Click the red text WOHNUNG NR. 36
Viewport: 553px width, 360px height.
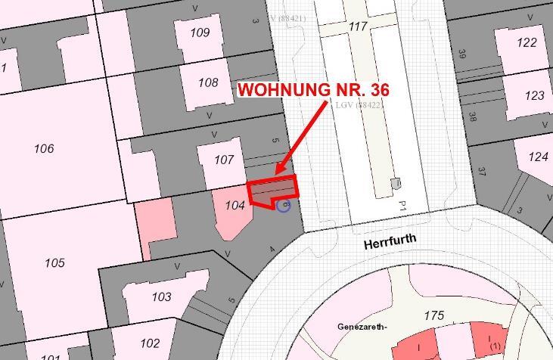pyautogui.click(x=313, y=90)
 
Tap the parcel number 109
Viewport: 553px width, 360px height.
pyautogui.click(x=200, y=33)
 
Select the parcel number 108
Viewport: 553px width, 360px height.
pyautogui.click(x=208, y=82)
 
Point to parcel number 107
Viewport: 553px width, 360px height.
pyautogui.click(x=224, y=160)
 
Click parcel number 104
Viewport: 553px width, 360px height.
pyautogui.click(x=235, y=205)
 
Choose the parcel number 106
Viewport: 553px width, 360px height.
pyautogui.click(x=44, y=149)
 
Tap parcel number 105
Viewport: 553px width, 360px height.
pyautogui.click(x=54, y=263)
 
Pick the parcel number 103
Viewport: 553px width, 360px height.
pyautogui.click(x=161, y=296)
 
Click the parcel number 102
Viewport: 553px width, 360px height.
pyautogui.click(x=150, y=343)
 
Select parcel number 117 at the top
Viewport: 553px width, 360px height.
pyautogui.click(x=358, y=26)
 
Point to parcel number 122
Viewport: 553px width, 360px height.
pyautogui.click(x=527, y=42)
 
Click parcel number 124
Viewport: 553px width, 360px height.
pyautogui.click(x=538, y=157)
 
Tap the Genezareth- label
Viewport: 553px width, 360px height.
pyautogui.click(x=362, y=327)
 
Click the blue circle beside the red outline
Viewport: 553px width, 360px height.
pyautogui.click(x=284, y=205)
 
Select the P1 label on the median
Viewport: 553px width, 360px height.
pyautogui.click(x=403, y=206)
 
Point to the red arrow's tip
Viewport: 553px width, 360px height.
pyautogui.click(x=277, y=173)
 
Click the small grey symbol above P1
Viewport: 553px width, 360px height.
pyautogui.click(x=395, y=183)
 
